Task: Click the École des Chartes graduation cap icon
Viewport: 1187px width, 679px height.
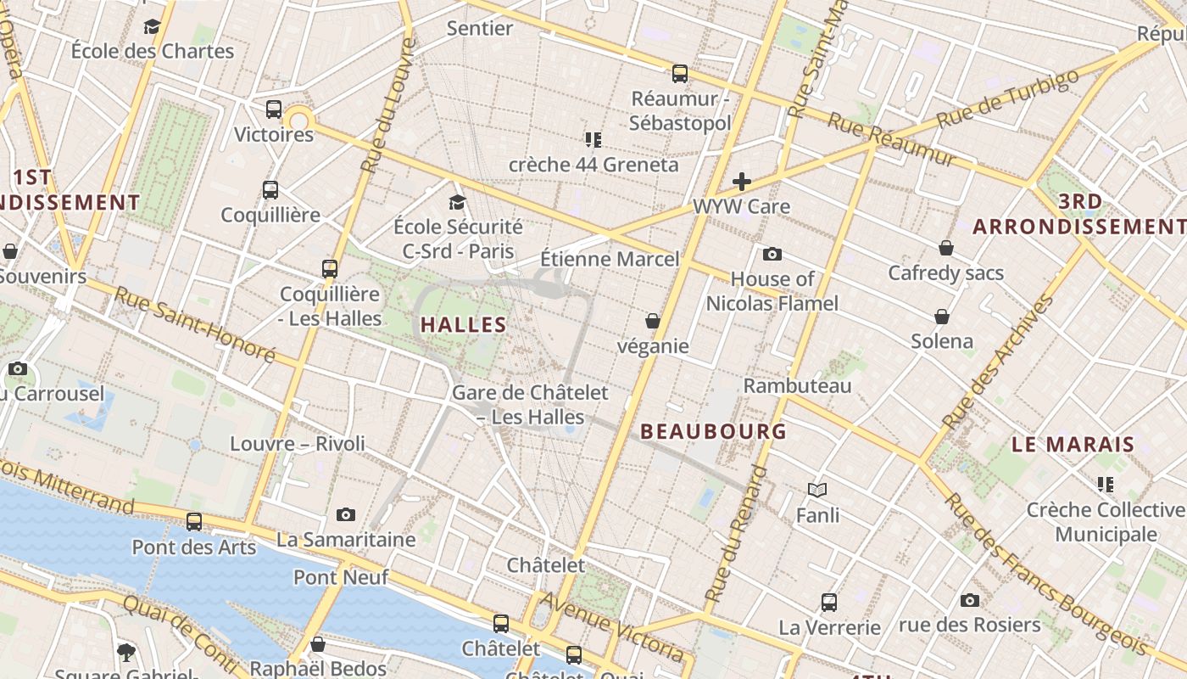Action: pos(153,27)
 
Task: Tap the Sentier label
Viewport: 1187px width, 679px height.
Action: pos(480,28)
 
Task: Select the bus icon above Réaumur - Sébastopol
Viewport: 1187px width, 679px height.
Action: pos(680,74)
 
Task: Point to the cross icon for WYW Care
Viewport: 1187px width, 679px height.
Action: pos(742,182)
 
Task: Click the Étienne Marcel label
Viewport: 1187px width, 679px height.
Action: pos(610,259)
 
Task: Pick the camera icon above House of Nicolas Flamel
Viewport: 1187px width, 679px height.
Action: pos(772,254)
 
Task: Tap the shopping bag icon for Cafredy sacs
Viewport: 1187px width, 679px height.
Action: pos(946,249)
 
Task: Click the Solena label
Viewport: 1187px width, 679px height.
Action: pos(941,341)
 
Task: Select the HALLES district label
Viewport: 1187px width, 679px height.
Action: pos(463,324)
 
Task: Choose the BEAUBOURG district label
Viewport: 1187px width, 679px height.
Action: pos(713,431)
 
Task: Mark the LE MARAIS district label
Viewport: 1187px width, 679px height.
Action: pos(1073,444)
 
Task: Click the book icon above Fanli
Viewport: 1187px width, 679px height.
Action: pos(817,490)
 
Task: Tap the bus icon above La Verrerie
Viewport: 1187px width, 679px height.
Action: pos(829,603)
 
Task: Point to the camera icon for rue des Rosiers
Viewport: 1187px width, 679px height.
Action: pos(970,600)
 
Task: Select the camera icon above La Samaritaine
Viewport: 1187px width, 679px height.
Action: pos(345,514)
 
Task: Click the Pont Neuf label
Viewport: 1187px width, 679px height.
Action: pos(341,577)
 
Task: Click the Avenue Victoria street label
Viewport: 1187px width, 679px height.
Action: pos(611,626)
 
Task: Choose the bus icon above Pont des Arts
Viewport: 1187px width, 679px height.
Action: pos(194,522)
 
